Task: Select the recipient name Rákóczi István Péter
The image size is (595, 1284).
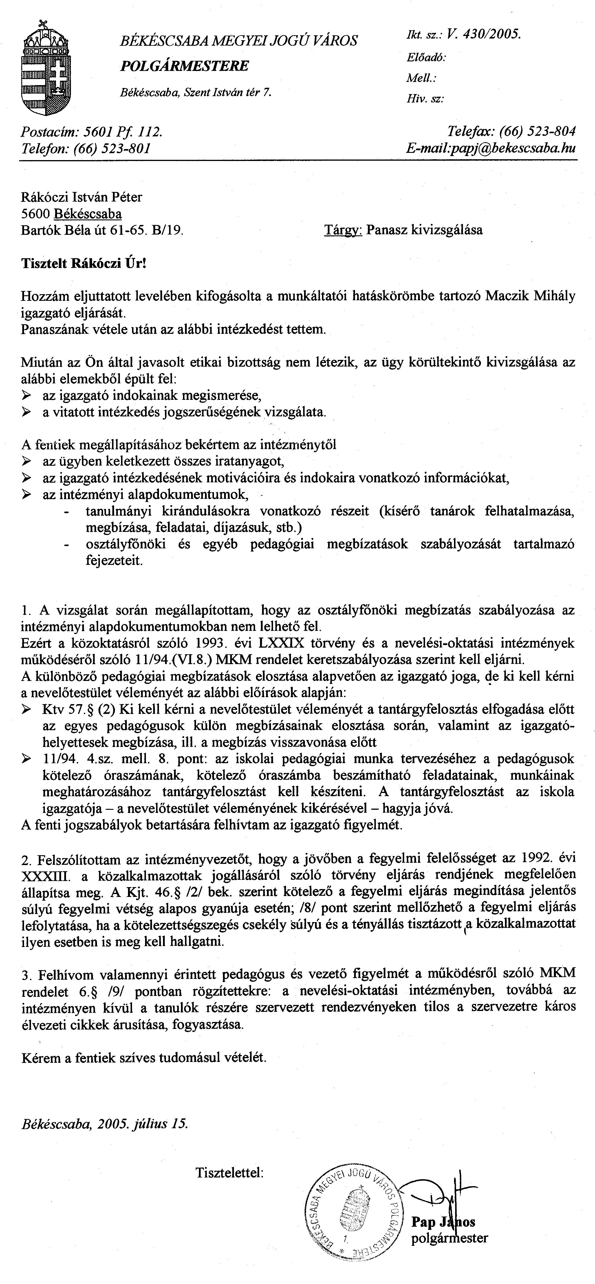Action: pyautogui.click(x=81, y=197)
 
